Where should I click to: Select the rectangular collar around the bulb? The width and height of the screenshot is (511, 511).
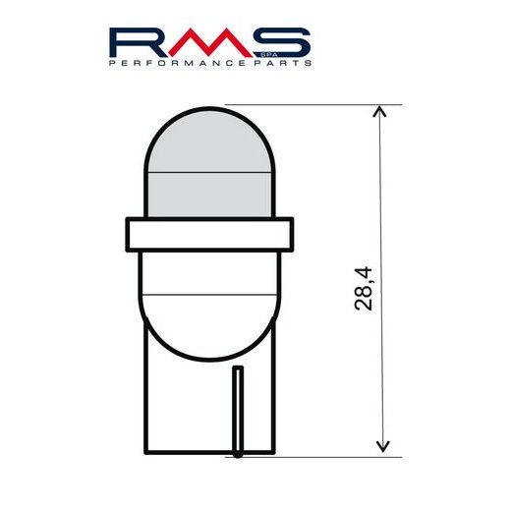tap(209, 235)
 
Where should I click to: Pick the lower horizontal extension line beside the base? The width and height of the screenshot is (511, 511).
tap(324, 456)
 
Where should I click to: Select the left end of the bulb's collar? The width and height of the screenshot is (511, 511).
tap(128, 235)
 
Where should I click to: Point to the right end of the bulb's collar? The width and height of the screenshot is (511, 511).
tap(291, 235)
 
